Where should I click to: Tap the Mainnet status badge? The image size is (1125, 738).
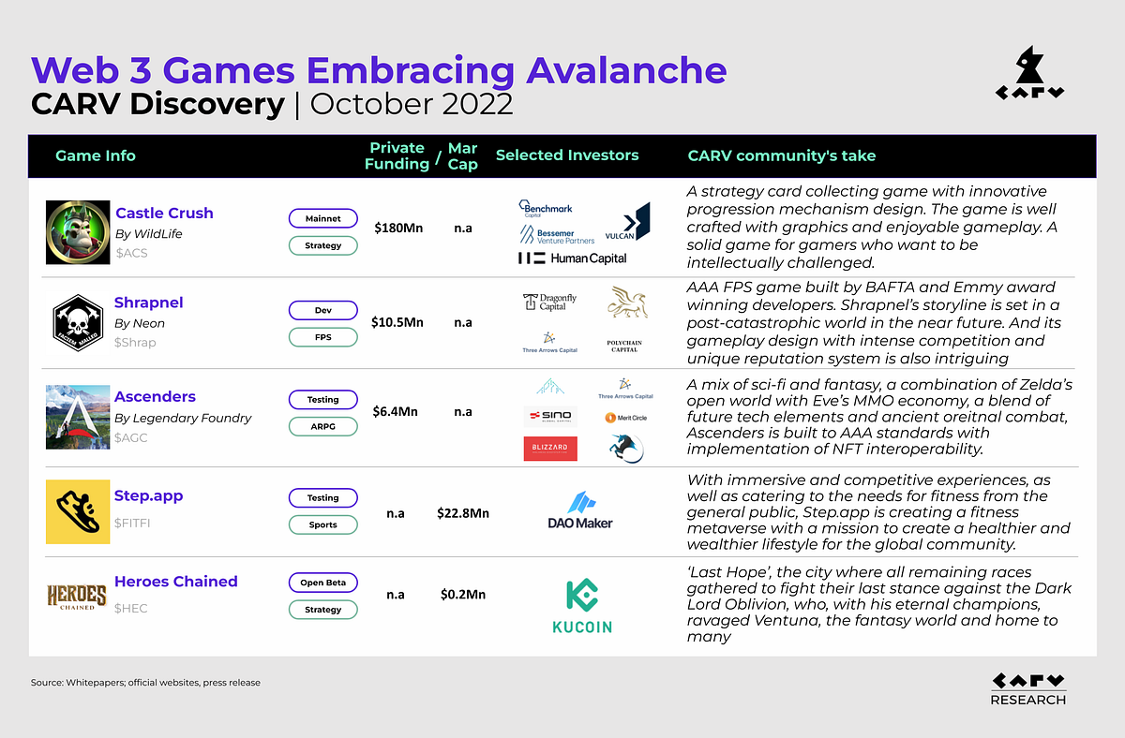pyautogui.click(x=322, y=218)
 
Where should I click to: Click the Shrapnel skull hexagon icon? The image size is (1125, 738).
pyautogui.click(x=77, y=322)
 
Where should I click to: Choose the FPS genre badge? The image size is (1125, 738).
pyautogui.click(x=322, y=336)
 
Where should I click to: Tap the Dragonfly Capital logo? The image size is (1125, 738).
pyautogui.click(x=549, y=302)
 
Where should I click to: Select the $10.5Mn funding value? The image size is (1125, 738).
pyautogui.click(x=398, y=322)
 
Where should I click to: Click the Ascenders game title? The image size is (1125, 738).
pyautogui.click(x=155, y=396)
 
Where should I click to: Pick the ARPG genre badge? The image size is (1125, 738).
pyautogui.click(x=322, y=426)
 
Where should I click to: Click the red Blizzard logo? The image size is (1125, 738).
pyautogui.click(x=549, y=450)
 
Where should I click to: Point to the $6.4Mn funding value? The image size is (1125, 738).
pyautogui.click(x=398, y=412)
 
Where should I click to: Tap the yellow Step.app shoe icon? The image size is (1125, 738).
pyautogui.click(x=77, y=511)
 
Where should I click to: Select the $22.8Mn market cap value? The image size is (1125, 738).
pyautogui.click(x=463, y=512)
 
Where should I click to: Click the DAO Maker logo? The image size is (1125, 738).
pyautogui.click(x=580, y=511)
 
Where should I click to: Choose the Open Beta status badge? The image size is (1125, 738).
pyautogui.click(x=322, y=583)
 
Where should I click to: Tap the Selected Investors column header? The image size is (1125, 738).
pyautogui.click(x=567, y=155)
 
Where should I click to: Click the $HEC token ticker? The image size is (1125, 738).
pyautogui.click(x=131, y=608)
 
